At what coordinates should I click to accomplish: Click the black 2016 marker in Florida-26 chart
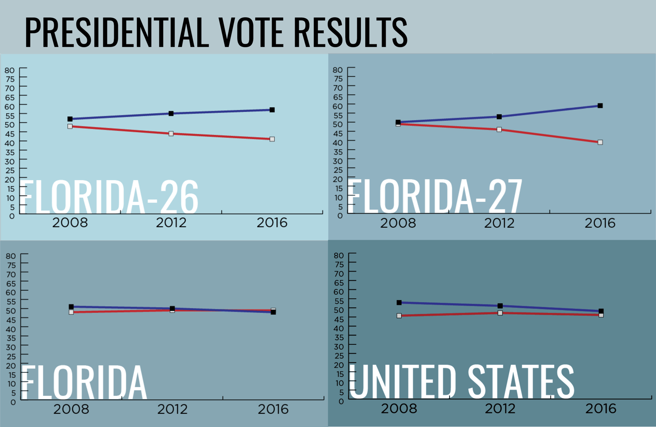[272, 110]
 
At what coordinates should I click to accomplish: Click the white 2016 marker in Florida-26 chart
[272, 139]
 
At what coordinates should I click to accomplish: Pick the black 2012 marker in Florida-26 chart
[171, 114]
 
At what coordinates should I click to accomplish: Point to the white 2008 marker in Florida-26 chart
[70, 127]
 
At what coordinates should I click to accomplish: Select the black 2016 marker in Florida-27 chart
[600, 106]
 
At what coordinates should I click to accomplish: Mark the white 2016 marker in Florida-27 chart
[600, 142]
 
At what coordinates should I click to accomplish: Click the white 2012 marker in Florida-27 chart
[499, 130]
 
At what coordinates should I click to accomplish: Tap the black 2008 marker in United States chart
[399, 303]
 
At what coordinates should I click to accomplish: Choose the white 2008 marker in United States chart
[399, 316]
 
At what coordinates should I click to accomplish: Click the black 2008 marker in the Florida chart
[71, 307]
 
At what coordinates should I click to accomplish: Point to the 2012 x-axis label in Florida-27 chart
[499, 223]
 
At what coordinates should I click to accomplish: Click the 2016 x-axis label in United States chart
[601, 409]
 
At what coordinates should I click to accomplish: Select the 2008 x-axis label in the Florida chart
[71, 409]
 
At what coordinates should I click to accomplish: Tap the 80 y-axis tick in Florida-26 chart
[10, 70]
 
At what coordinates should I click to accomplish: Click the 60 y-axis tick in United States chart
[338, 292]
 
